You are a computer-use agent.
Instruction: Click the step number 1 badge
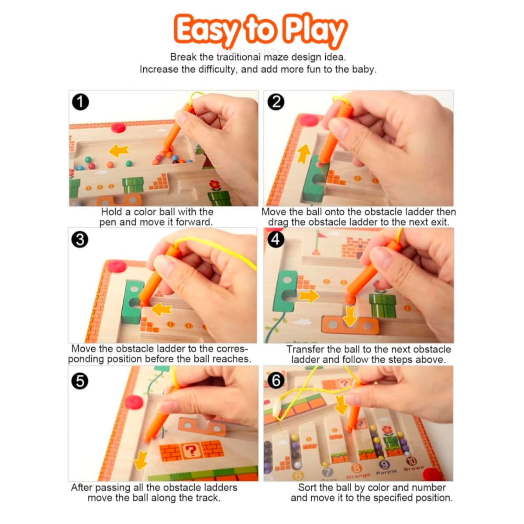coord(80,102)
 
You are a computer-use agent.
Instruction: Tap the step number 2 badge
coord(276,102)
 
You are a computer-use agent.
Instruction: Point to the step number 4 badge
coord(276,239)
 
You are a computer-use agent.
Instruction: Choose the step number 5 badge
coord(80,381)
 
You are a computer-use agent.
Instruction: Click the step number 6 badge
coord(276,380)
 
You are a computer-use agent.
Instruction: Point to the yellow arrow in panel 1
coord(119,150)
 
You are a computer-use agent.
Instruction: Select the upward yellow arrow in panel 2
coord(304,154)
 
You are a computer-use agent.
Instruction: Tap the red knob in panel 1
coord(118,127)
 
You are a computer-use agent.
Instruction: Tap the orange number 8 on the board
coord(356,468)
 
